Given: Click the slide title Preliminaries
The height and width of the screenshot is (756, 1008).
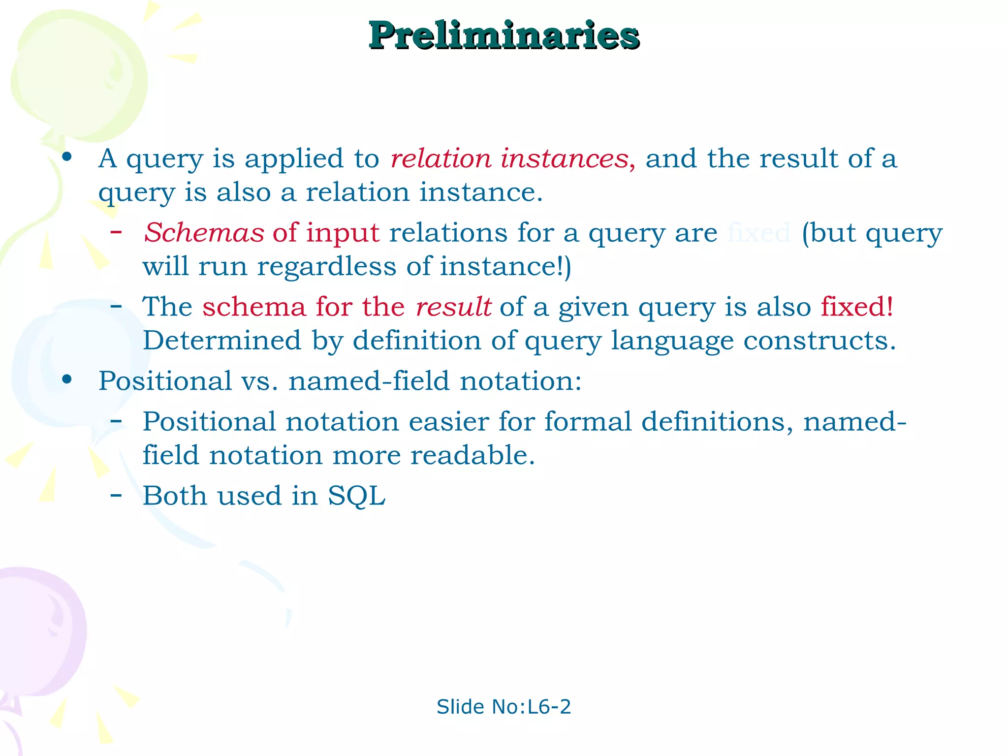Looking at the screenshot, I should point(504,35).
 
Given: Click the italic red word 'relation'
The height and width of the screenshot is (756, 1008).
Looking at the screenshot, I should point(441,159).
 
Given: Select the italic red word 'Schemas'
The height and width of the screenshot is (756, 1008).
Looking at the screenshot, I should point(204,233).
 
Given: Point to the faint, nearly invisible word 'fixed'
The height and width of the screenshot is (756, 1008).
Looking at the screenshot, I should point(759,233).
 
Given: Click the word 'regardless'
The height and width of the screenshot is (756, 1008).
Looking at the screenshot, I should point(326,267).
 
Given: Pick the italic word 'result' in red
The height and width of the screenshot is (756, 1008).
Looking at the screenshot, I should point(453,307).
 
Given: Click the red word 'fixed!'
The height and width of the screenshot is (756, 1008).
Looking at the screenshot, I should point(857,307).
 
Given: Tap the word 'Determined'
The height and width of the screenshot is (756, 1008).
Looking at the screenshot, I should point(222,341).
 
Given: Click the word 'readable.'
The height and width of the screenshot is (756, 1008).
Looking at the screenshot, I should point(472,455).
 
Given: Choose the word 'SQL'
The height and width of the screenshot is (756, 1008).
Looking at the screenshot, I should point(357,496).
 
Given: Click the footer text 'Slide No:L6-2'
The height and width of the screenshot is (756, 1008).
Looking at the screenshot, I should point(504,707).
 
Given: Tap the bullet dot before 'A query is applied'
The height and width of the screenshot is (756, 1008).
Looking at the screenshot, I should point(67,157).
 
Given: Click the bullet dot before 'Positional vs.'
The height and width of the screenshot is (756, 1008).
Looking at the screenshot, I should point(67,379).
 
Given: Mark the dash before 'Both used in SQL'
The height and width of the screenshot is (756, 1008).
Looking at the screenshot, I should point(116,494).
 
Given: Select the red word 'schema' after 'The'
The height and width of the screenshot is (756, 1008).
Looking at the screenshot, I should point(254,307).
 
